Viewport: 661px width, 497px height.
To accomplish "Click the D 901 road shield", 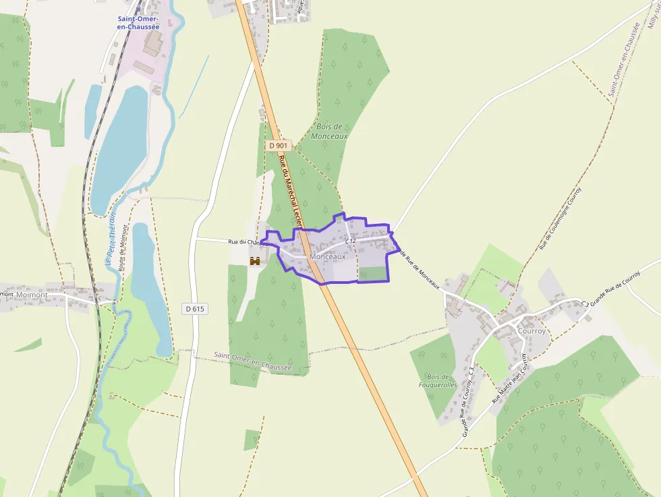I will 278,145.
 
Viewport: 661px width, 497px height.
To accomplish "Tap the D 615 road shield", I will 194,309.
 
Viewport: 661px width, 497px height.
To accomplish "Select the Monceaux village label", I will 328,257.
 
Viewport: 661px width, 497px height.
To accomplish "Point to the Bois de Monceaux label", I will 329,131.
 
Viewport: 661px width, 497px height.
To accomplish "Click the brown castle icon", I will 255,261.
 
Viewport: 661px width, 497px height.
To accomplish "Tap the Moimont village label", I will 30,295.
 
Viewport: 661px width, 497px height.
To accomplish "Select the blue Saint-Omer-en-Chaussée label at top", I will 138,23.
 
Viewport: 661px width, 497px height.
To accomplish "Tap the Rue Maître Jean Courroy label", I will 509,378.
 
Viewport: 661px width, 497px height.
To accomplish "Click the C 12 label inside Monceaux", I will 349,241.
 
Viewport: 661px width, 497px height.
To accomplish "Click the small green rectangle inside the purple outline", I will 373,273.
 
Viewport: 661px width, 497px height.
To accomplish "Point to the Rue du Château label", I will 244,242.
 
